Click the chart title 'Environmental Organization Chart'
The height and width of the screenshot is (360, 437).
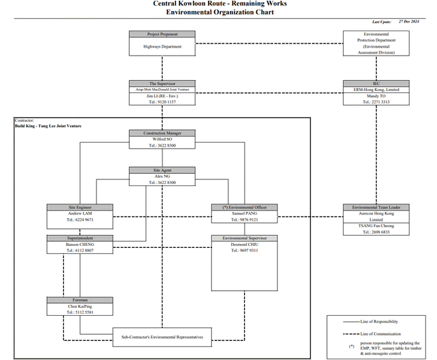(x=218, y=12)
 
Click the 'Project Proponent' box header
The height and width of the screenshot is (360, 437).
(x=162, y=34)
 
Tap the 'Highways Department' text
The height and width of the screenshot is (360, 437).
(x=162, y=47)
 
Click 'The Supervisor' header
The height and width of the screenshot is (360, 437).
(x=162, y=84)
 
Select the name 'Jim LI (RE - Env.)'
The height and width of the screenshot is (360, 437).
(x=162, y=96)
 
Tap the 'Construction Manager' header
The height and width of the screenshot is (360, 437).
(x=162, y=133)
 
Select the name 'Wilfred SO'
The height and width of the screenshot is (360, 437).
(x=162, y=139)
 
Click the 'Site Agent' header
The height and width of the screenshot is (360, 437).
(x=162, y=170)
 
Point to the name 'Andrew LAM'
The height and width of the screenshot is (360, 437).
(x=80, y=213)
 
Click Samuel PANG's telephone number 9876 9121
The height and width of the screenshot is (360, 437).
(x=244, y=220)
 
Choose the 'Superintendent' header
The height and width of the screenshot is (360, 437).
(x=80, y=238)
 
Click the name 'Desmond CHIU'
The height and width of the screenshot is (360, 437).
(x=244, y=245)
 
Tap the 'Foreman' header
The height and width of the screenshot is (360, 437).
(x=80, y=300)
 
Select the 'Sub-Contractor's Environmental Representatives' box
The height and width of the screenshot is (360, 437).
(x=162, y=336)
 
